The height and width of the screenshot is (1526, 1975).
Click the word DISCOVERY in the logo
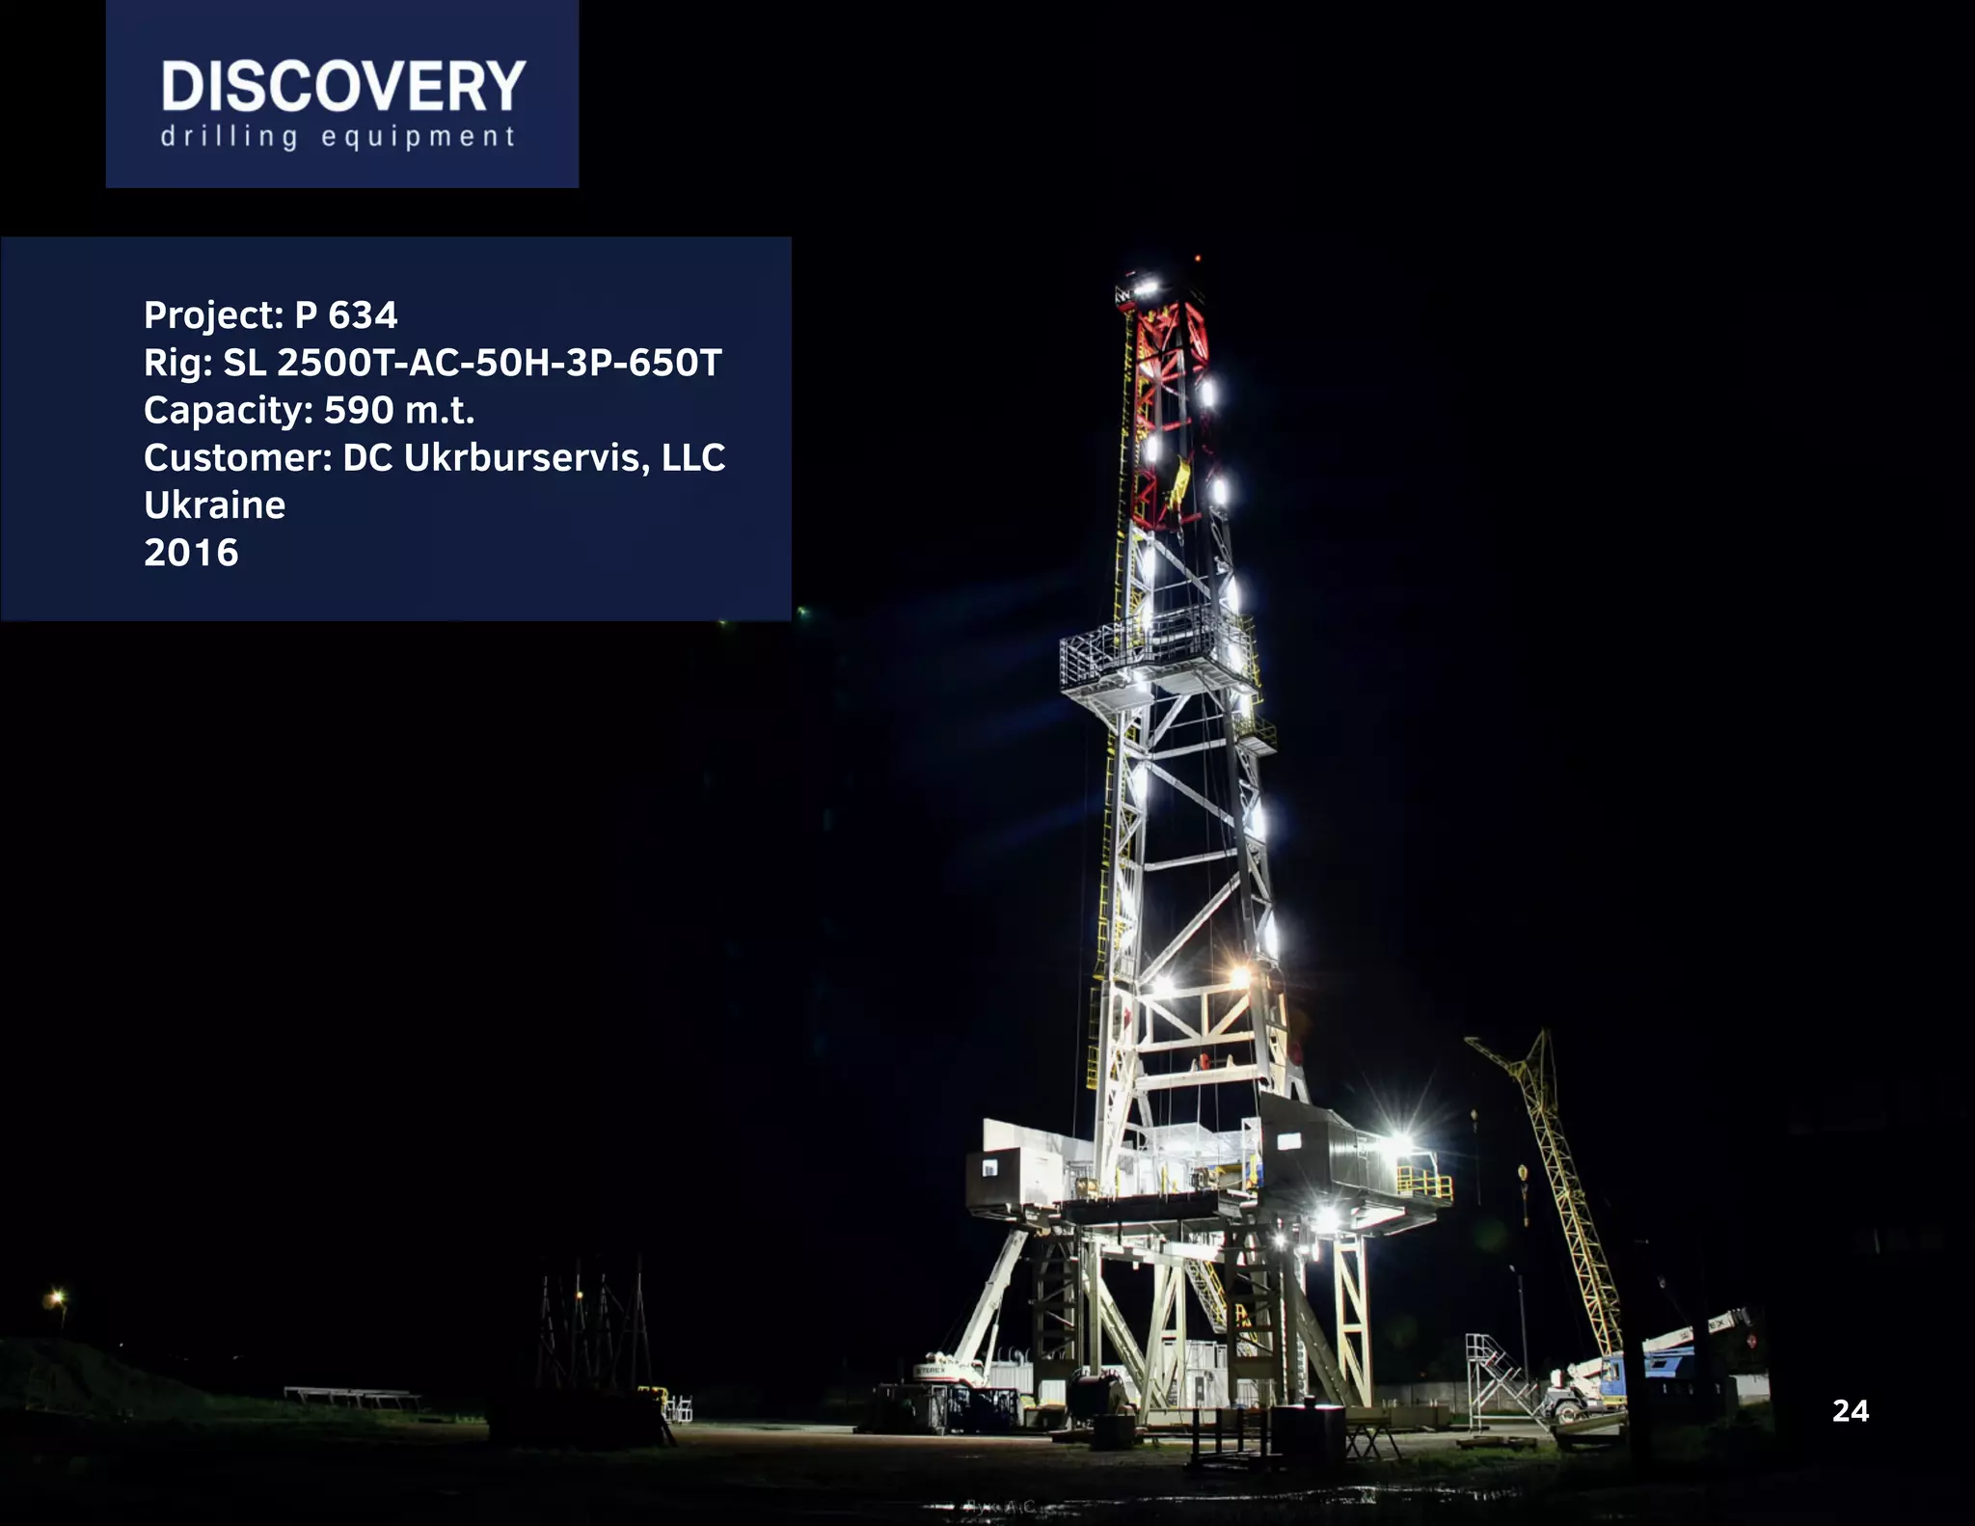[342, 87]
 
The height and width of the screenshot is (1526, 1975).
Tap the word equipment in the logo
[419, 137]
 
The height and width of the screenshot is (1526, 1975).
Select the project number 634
[363, 315]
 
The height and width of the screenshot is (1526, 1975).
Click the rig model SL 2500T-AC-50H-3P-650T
[473, 363]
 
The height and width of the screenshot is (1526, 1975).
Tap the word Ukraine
[214, 505]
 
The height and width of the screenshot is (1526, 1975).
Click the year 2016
[191, 553]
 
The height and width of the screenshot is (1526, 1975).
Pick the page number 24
[1850, 1411]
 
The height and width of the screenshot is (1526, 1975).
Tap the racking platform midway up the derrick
[1157, 651]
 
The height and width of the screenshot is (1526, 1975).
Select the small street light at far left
[57, 1297]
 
